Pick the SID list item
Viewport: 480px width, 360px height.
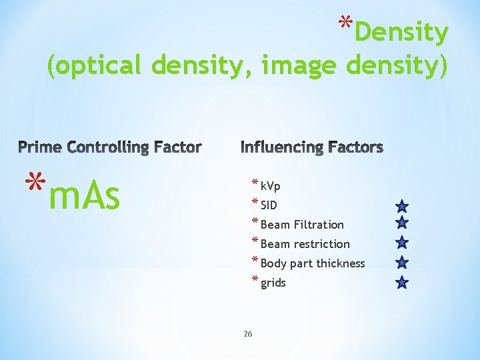pyautogui.click(x=269, y=205)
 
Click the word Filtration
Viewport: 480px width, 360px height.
pyautogui.click(x=319, y=225)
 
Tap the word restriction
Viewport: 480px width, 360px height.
pyautogui.click(x=324, y=244)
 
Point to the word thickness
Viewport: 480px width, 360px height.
pyautogui.click(x=341, y=263)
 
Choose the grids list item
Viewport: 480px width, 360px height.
pyautogui.click(x=273, y=283)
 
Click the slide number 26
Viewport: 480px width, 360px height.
pyautogui.click(x=247, y=334)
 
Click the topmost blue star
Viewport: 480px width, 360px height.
pyautogui.click(x=401, y=207)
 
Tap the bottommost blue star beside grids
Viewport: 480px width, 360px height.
pyautogui.click(x=401, y=283)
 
